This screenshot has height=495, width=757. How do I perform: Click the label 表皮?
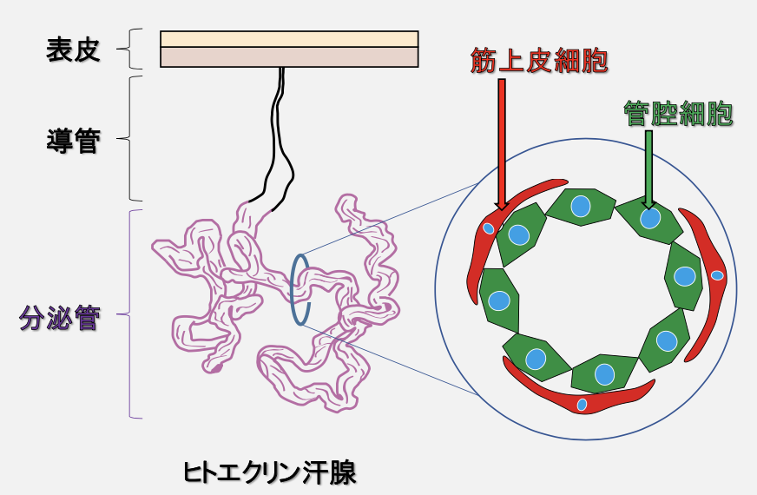73,49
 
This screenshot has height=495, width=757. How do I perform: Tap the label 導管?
73,140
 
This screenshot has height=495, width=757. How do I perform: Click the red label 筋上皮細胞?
538,62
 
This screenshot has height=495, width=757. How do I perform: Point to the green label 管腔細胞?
679,115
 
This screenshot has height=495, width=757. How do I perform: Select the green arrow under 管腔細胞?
648,169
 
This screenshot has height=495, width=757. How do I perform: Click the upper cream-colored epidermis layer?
289,38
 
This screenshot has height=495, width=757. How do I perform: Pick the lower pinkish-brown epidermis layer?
289,56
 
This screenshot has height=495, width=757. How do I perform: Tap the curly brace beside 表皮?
131,49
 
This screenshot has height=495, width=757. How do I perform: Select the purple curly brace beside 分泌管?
131,314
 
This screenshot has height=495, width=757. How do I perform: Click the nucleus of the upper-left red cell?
489,229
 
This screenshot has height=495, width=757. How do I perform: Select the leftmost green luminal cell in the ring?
499,300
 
